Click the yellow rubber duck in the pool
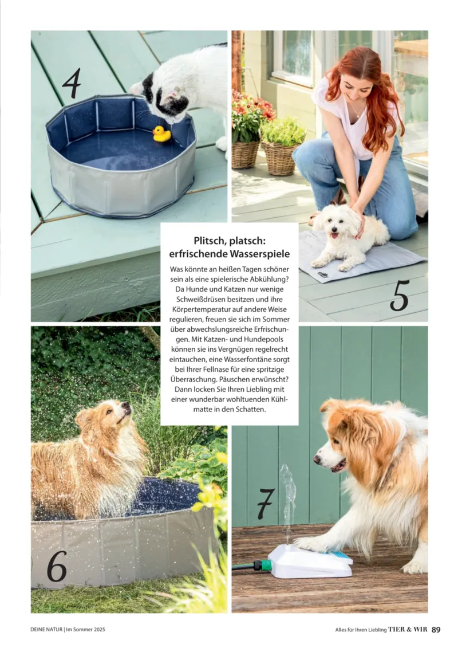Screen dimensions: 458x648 tap(162, 134)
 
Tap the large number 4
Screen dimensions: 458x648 tap(72, 84)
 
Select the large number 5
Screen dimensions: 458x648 tap(399, 296)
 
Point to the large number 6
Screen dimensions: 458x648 tap(57, 567)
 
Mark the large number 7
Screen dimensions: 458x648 tap(266, 504)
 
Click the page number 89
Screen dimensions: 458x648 tap(436, 630)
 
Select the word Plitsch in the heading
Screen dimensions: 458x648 tap(210, 241)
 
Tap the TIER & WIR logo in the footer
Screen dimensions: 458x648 tap(408, 630)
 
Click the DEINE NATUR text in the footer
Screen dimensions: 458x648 tap(46, 630)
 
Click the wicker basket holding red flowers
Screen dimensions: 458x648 tap(246, 154)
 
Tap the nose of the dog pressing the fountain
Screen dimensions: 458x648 tap(317, 459)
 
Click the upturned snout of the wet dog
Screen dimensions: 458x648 tap(125, 409)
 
